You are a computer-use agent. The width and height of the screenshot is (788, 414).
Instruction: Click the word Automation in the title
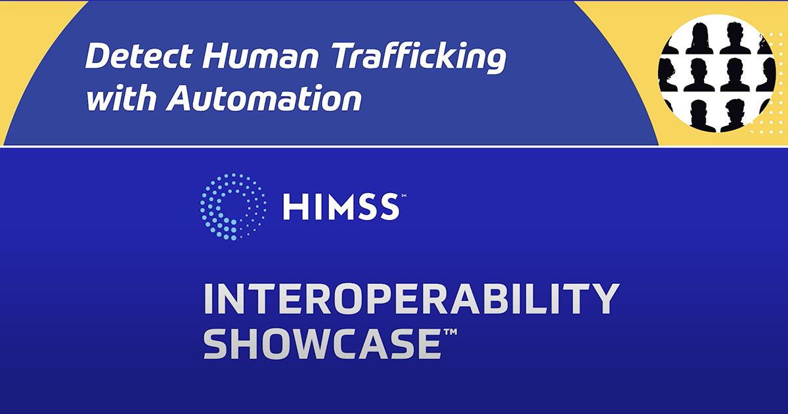(x=265, y=99)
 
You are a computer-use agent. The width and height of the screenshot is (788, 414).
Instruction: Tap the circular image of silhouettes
(x=716, y=73)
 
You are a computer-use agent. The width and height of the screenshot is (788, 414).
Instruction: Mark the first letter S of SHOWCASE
(x=217, y=344)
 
